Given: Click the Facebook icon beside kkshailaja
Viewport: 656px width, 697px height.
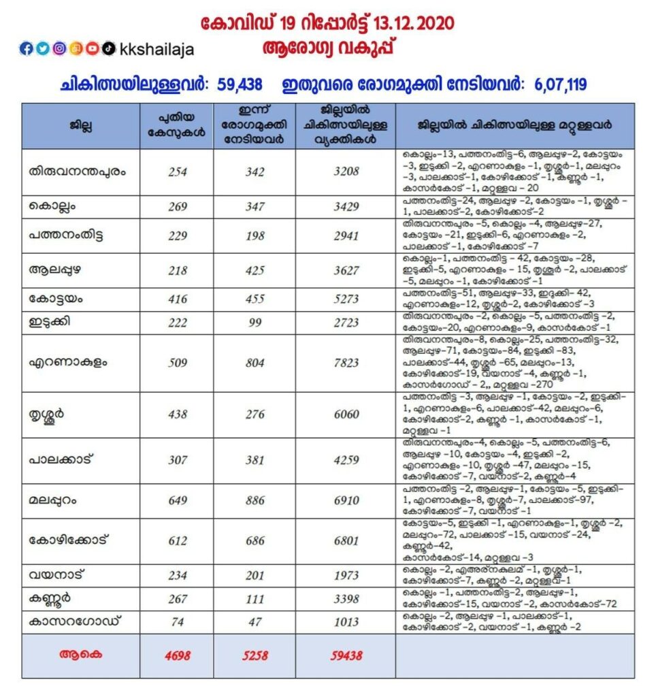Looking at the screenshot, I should coord(27,48).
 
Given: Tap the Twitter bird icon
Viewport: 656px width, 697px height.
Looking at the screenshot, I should coord(43,48).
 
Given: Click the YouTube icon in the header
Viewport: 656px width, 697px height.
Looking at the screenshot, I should coord(92,48).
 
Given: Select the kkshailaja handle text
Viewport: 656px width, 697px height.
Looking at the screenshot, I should coord(156,49).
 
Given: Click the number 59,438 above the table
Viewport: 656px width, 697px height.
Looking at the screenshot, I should coord(242,85).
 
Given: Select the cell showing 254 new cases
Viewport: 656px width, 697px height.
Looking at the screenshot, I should coord(177,172).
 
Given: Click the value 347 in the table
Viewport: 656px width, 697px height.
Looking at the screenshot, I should coord(255,206).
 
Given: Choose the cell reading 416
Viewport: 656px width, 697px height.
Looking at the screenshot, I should coord(177,299).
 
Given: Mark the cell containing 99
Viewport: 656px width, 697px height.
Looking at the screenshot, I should coord(255,323).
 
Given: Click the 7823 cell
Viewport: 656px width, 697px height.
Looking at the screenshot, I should coord(346,363).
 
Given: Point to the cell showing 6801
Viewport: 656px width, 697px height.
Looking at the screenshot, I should coord(346,540).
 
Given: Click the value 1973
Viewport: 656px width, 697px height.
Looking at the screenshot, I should coord(346,576).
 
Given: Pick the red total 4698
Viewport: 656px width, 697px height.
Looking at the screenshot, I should coord(177,656).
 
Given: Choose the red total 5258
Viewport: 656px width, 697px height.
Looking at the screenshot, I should coord(255,656).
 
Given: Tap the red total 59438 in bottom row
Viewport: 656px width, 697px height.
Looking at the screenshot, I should coord(346,656).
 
